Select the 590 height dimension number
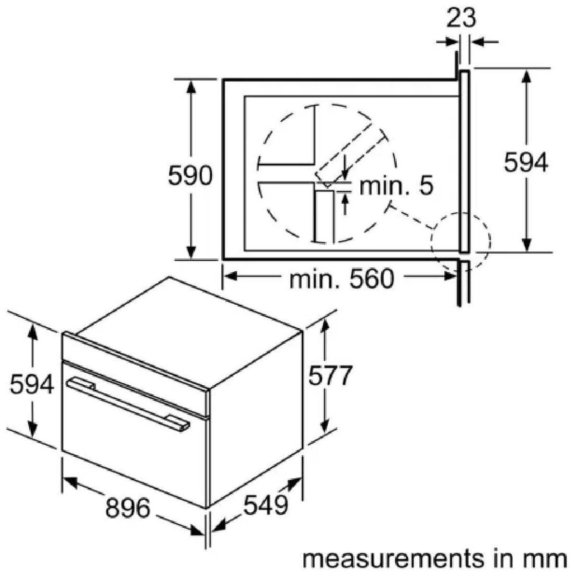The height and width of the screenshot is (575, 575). pyautogui.click(x=190, y=176)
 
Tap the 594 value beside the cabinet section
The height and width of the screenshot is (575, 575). pyautogui.click(x=526, y=162)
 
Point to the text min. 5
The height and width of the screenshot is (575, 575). pyautogui.click(x=396, y=185)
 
